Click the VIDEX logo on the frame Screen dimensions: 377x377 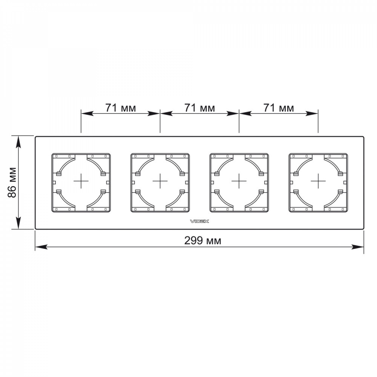tap(199, 221)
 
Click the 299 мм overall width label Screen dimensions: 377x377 tap(203, 241)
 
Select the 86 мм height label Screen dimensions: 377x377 tap(12, 182)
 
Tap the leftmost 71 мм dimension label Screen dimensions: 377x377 tap(121, 108)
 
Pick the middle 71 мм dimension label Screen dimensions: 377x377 tap(199, 108)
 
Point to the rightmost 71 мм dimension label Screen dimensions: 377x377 tap(279, 108)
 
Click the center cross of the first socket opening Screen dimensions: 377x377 tap(81, 181)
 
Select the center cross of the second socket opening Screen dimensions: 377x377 tap(160, 181)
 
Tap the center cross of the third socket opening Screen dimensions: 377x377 tap(239, 181)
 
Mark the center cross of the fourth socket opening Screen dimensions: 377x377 tap(318, 181)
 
